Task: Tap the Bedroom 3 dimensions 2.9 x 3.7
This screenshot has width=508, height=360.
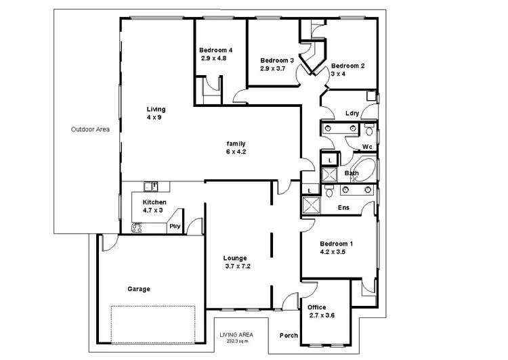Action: coord(274,68)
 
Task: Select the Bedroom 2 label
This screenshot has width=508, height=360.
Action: coord(347,66)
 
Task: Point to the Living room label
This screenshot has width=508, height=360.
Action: coord(156,109)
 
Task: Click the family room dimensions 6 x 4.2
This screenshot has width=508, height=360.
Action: coord(236,152)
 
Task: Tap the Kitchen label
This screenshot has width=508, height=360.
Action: coord(154,202)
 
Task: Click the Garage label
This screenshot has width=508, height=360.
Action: coord(139,289)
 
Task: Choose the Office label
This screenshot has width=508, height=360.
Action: coord(317,307)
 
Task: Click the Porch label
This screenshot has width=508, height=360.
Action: coord(289,336)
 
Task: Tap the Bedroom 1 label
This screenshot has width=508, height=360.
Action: coord(337,243)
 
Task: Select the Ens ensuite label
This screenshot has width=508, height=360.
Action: coord(343,208)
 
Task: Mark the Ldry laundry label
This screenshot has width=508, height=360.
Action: coord(352,114)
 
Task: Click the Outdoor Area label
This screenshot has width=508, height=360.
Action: coord(90,129)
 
